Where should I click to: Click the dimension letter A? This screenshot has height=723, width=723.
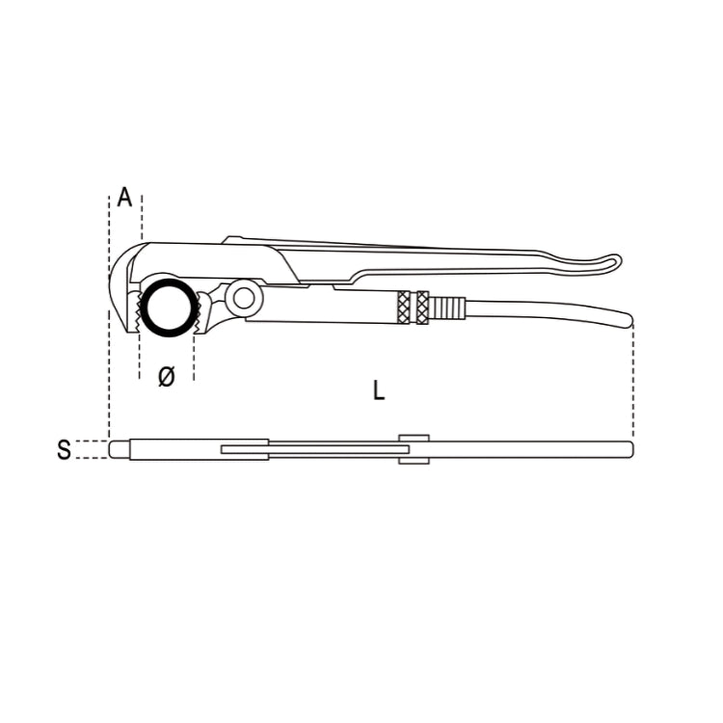[125, 198]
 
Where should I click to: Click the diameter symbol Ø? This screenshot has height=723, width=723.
[167, 377]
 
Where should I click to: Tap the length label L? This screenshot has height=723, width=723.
[379, 390]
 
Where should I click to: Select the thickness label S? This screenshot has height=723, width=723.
[64, 449]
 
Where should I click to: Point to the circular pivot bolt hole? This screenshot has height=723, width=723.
[243, 298]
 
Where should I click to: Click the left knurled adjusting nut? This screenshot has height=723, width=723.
[404, 308]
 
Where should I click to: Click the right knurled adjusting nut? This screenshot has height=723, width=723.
[422, 308]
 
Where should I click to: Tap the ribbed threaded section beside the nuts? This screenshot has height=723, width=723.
[447, 308]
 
